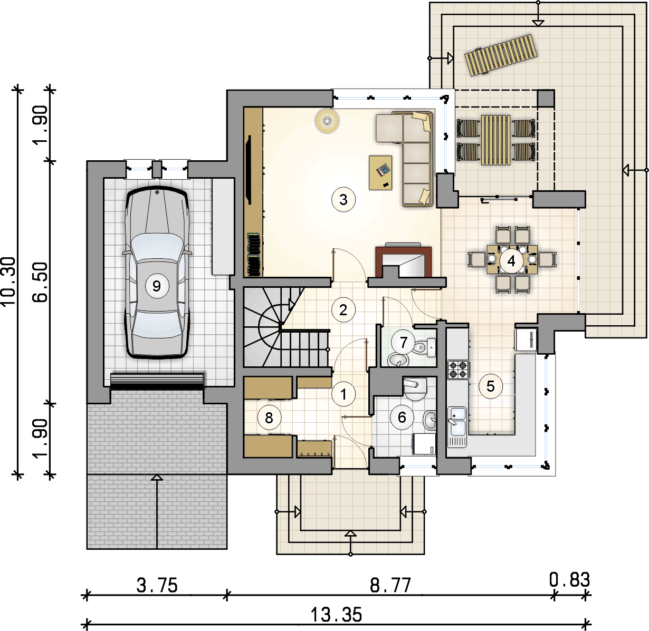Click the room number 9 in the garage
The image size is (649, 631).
coord(157,286)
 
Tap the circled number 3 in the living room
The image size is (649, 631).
coord(343,200)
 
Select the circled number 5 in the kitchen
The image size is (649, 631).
coord(490,386)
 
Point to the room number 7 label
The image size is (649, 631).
coord(404,342)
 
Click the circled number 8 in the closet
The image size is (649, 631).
coord(269,418)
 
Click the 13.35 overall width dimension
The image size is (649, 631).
coord(336,615)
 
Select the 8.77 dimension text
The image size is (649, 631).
coord(390,585)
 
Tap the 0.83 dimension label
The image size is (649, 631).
coord(570,580)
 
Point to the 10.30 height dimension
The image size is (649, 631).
coord(8,281)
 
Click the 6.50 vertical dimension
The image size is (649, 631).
coord(40,282)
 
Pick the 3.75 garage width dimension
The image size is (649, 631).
coord(157,585)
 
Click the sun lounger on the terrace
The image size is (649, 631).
coord(501,55)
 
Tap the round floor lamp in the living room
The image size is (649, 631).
coord(328,121)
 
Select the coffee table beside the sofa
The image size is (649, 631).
coord(380,172)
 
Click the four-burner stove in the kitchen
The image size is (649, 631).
coord(458,370)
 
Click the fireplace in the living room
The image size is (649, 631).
coord(403,261)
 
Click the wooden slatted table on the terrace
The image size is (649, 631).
coord(496,140)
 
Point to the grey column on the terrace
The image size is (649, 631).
coord(546,98)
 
